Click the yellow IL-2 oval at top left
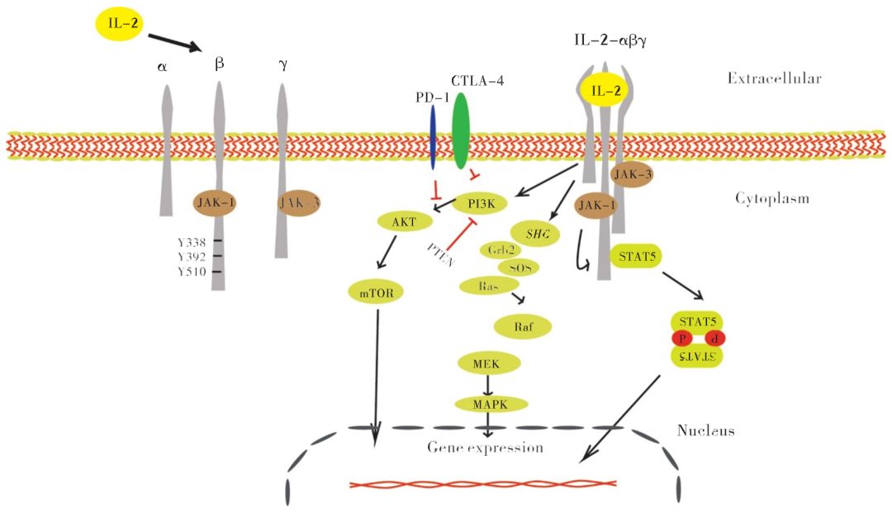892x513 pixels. (x=118, y=23)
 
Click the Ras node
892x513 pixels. (x=487, y=286)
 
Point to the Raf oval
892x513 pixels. (x=522, y=326)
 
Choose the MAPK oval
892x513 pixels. (x=491, y=403)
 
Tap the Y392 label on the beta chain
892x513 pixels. (x=192, y=256)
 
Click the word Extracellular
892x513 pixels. (x=774, y=78)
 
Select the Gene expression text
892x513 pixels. (x=485, y=448)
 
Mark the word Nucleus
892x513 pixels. (x=705, y=430)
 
